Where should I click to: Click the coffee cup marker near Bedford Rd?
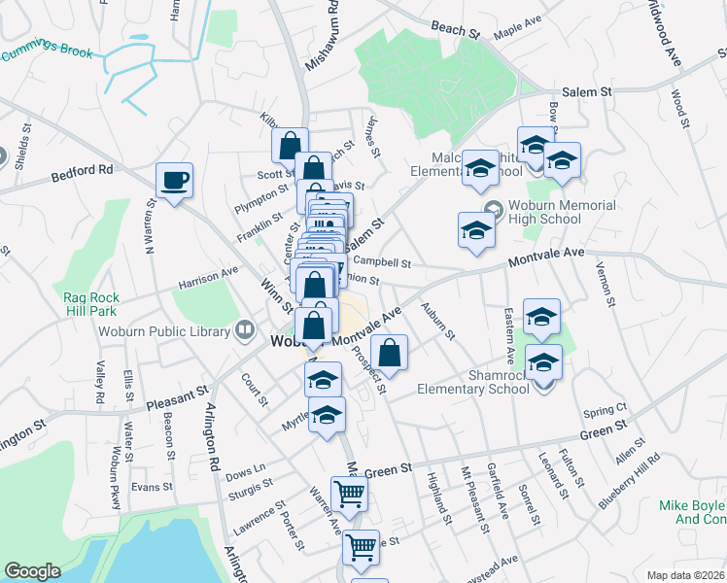(x=174, y=181)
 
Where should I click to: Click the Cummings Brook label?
(x=46, y=50)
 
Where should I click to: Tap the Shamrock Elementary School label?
(x=475, y=381)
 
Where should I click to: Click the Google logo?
(x=32, y=571)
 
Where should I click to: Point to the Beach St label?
(x=457, y=31)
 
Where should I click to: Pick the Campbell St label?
(x=383, y=262)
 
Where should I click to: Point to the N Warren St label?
(x=151, y=225)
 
